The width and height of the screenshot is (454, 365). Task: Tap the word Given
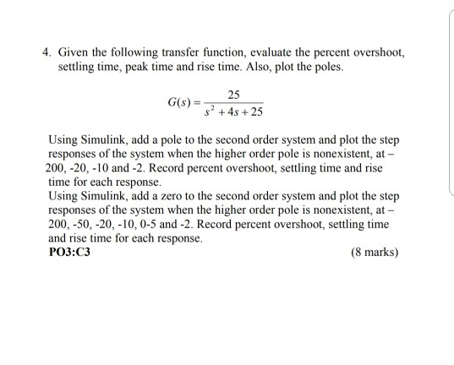click(x=71, y=52)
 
